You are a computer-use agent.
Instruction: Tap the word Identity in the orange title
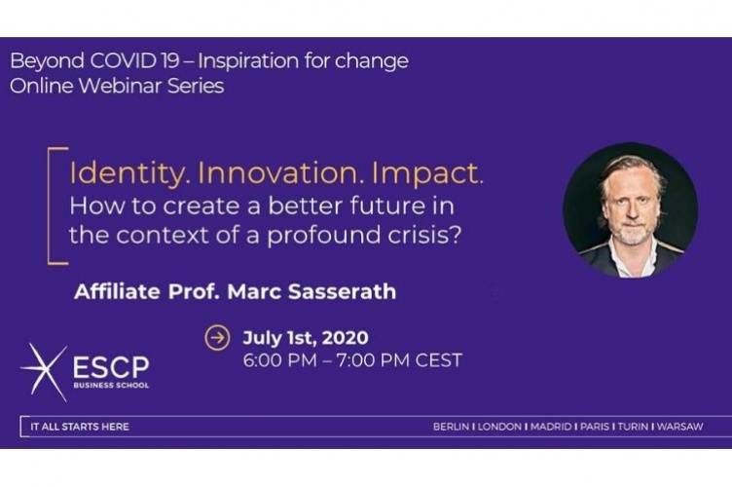pyautogui.click(x=128, y=175)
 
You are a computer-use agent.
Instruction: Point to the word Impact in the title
pyautogui.click(x=429, y=175)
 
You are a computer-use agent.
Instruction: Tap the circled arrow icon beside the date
pyautogui.click(x=217, y=339)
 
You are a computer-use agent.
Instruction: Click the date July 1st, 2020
pyautogui.click(x=306, y=338)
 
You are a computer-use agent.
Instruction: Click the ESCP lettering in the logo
pyautogui.click(x=111, y=367)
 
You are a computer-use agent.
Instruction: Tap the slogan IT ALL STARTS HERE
pyautogui.click(x=80, y=427)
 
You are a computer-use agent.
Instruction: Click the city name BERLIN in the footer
pyautogui.click(x=452, y=427)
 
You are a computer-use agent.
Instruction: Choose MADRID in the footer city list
pyautogui.click(x=550, y=427)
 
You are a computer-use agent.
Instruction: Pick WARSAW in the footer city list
pyautogui.click(x=705, y=427)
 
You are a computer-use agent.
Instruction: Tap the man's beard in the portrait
pyautogui.click(x=629, y=234)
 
